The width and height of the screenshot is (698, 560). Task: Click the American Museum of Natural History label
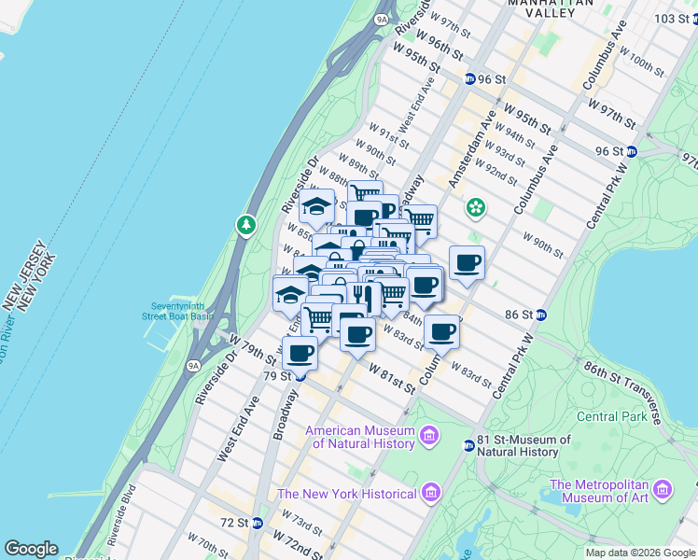(x=363, y=437)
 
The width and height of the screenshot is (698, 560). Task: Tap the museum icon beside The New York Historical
(x=430, y=492)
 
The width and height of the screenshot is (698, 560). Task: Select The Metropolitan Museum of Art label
(x=611, y=491)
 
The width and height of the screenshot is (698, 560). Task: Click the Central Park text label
(x=611, y=416)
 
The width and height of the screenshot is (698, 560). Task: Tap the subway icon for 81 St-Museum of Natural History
(x=469, y=446)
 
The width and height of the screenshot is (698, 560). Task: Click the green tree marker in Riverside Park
(x=245, y=225)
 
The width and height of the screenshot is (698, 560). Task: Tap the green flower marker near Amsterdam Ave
(x=475, y=206)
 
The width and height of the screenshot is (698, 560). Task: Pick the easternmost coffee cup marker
(x=467, y=262)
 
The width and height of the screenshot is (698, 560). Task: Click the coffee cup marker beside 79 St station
(x=300, y=353)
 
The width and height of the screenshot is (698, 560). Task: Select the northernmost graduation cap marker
(x=318, y=205)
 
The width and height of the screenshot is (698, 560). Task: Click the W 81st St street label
(x=390, y=376)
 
